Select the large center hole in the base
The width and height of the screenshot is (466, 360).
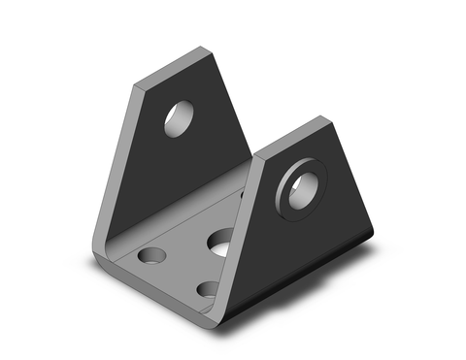(x=220, y=241)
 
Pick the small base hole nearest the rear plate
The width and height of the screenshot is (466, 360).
(x=150, y=256)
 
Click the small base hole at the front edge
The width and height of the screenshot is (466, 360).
(x=208, y=288)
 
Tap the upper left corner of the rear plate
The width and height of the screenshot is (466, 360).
(x=135, y=85)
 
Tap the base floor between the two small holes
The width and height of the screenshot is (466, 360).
(x=179, y=273)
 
